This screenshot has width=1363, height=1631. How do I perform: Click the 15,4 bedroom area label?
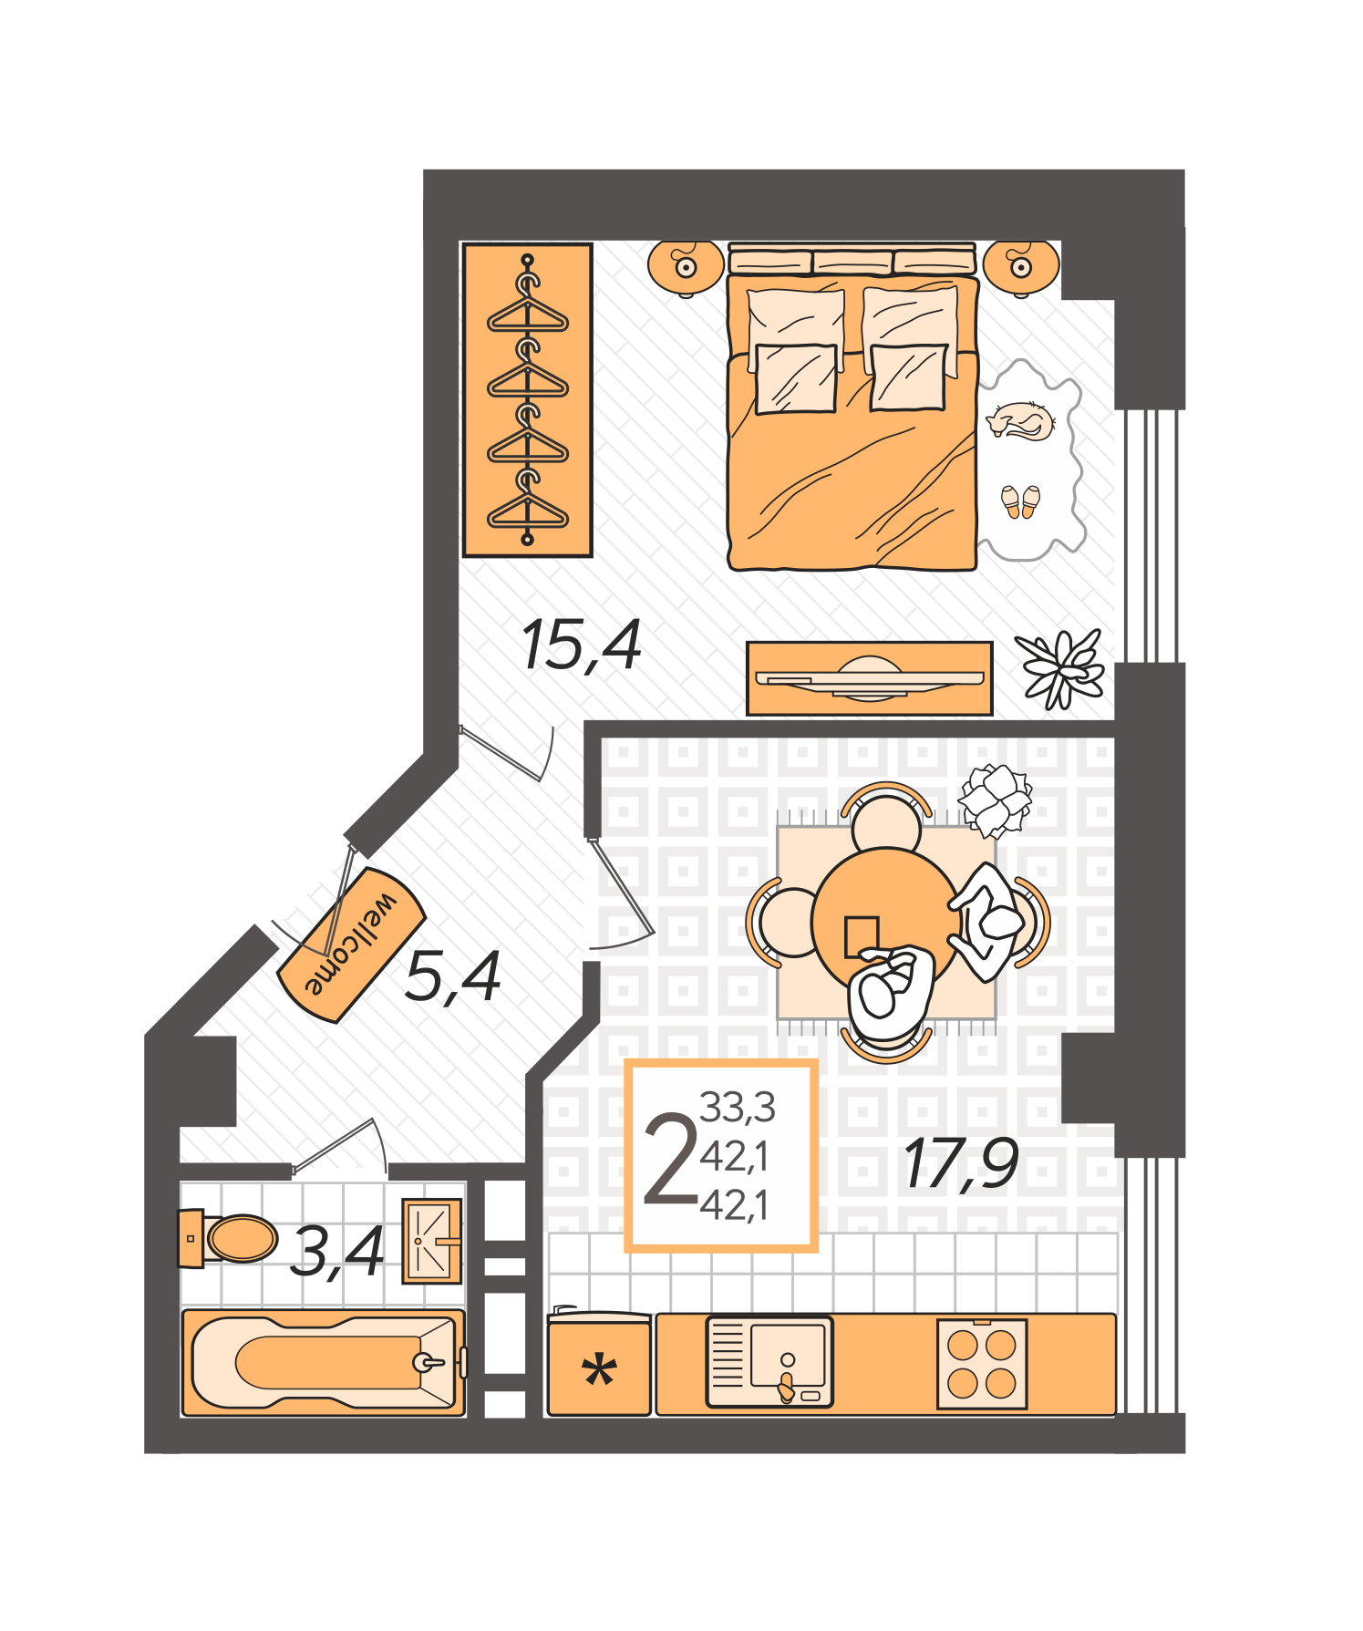[582, 645]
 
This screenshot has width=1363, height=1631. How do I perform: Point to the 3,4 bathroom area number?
[336, 1251]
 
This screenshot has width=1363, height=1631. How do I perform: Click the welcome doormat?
[352, 944]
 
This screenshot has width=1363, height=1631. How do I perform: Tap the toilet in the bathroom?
[232, 1238]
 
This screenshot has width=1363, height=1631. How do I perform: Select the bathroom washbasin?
[431, 1241]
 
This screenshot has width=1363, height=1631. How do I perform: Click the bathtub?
[324, 1363]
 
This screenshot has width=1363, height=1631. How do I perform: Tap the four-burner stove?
[982, 1364]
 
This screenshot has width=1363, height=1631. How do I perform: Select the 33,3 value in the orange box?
[737, 1108]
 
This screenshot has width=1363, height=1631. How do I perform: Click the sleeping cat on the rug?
[1021, 421]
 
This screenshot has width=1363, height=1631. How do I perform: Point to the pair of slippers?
[1020, 501]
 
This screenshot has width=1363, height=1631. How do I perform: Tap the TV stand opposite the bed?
[869, 678]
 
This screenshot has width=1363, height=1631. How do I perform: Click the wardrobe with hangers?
[527, 399]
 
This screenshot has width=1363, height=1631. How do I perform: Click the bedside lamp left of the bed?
[685, 266]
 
